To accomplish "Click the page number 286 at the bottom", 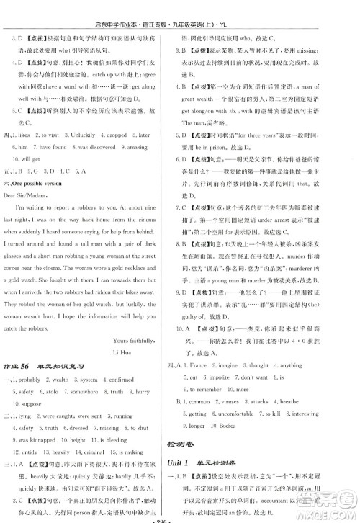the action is point(179,517).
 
